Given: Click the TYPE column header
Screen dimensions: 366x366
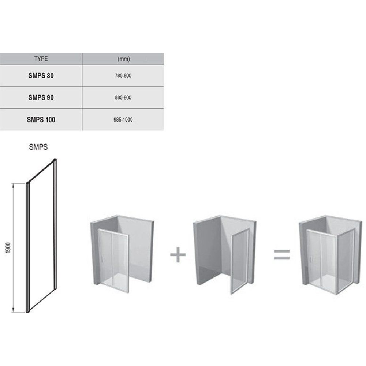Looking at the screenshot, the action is coord(41,59).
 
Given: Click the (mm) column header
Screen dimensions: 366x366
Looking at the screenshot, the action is coord(123,59).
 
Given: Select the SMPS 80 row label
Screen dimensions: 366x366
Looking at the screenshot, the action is coord(41,76).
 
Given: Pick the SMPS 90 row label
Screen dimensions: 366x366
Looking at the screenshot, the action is coord(41,98).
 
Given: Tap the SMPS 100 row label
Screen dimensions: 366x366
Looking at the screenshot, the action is coord(41,120).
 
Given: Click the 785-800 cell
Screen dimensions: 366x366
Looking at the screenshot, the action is coord(123,76).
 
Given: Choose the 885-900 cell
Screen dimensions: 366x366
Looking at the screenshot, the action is coord(123,98).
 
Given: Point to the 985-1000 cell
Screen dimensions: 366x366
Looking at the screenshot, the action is coord(123,120).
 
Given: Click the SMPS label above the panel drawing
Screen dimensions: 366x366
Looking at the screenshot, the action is coord(38,147).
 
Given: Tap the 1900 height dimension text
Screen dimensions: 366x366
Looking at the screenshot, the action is coord(8,248).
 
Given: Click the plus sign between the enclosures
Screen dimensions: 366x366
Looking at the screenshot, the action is coord(178,254).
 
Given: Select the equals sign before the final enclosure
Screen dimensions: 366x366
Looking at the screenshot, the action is coord(282,255).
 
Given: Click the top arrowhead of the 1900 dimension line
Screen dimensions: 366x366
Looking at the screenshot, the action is coord(13,185).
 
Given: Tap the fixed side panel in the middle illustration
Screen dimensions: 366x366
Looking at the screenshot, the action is coord(240,261).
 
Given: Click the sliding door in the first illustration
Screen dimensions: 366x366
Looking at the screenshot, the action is coord(113,259).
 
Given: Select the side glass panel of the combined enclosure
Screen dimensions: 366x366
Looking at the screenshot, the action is coord(346,261).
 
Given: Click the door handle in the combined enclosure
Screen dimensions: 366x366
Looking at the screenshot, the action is coord(311,259).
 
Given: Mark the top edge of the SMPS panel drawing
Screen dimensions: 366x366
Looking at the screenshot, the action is coord(41,171).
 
